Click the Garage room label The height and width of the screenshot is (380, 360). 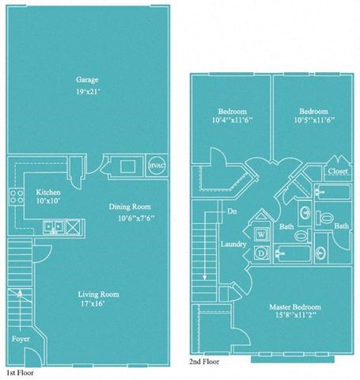(87, 80)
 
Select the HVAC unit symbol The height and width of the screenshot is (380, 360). (157, 167)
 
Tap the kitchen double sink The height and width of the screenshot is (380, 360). (55, 227)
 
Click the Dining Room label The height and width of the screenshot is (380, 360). (131, 207)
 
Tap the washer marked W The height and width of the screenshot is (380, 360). (260, 234)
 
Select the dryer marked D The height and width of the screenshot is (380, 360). (260, 253)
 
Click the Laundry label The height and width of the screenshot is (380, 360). (233, 244)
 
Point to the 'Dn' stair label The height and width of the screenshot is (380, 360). (233, 211)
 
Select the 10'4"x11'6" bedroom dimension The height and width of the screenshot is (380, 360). (230, 122)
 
